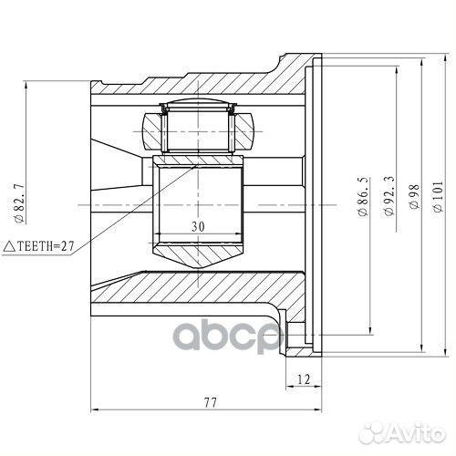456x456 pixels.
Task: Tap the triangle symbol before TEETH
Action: click(x=10, y=244)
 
